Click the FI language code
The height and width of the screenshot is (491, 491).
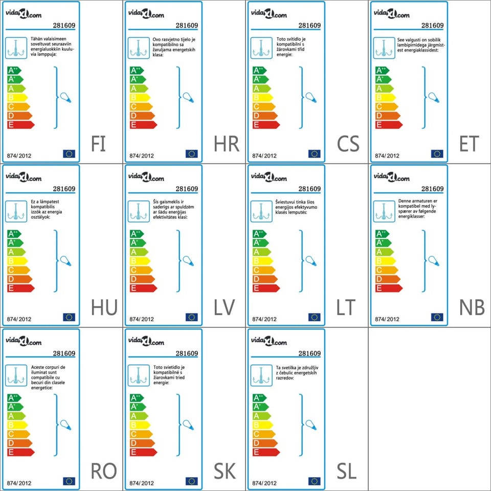[98, 144]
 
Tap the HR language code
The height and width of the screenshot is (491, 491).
[227, 144]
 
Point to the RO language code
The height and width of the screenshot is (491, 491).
[104, 472]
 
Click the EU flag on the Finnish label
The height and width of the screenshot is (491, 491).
[69, 153]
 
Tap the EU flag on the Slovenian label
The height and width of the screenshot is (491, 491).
[315, 481]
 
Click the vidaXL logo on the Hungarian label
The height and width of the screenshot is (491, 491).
[23, 177]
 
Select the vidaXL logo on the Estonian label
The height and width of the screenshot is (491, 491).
[391, 14]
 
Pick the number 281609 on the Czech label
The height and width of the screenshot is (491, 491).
[309, 26]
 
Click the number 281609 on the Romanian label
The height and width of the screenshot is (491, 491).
[64, 353]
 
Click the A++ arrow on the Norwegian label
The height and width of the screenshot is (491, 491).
[382, 234]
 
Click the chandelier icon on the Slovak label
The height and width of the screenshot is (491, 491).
[139, 375]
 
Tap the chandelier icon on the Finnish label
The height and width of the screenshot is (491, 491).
[16, 48]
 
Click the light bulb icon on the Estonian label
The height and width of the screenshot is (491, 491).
[434, 97]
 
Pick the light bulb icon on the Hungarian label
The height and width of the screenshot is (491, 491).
[65, 260]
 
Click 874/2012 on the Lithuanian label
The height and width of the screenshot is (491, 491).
[264, 319]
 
